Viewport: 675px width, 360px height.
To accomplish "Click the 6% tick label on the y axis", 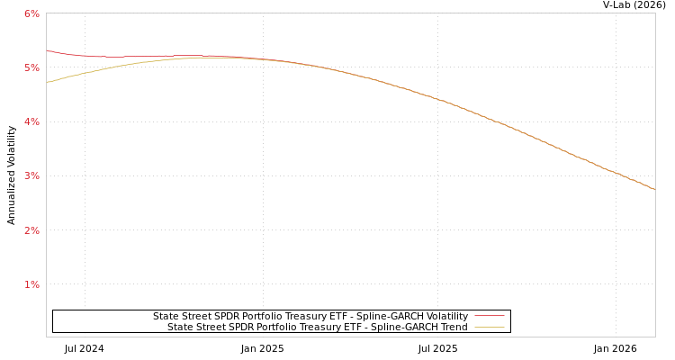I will [x=31, y=13].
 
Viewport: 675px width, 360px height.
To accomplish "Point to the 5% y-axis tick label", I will [x=31, y=67].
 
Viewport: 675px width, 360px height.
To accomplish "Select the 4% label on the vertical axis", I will [x=31, y=121].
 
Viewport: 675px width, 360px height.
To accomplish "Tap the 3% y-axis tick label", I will [x=31, y=175].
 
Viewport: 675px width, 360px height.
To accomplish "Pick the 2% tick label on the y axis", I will [x=31, y=230].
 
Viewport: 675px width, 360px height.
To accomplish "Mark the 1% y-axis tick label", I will [x=31, y=284].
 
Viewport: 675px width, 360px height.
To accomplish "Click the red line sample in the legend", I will [x=489, y=316].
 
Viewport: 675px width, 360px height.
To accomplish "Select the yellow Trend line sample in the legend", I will [x=489, y=327].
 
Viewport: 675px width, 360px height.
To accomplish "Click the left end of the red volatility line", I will [x=47, y=50].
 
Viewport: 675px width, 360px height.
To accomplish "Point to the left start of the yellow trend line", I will [x=47, y=82].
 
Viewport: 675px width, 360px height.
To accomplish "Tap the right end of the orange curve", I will [x=654, y=189].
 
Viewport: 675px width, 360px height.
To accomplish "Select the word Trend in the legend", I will [x=453, y=327].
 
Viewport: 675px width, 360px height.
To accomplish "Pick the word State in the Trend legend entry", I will [x=180, y=327].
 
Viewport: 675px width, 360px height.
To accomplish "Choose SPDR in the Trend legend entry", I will [x=247, y=327].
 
